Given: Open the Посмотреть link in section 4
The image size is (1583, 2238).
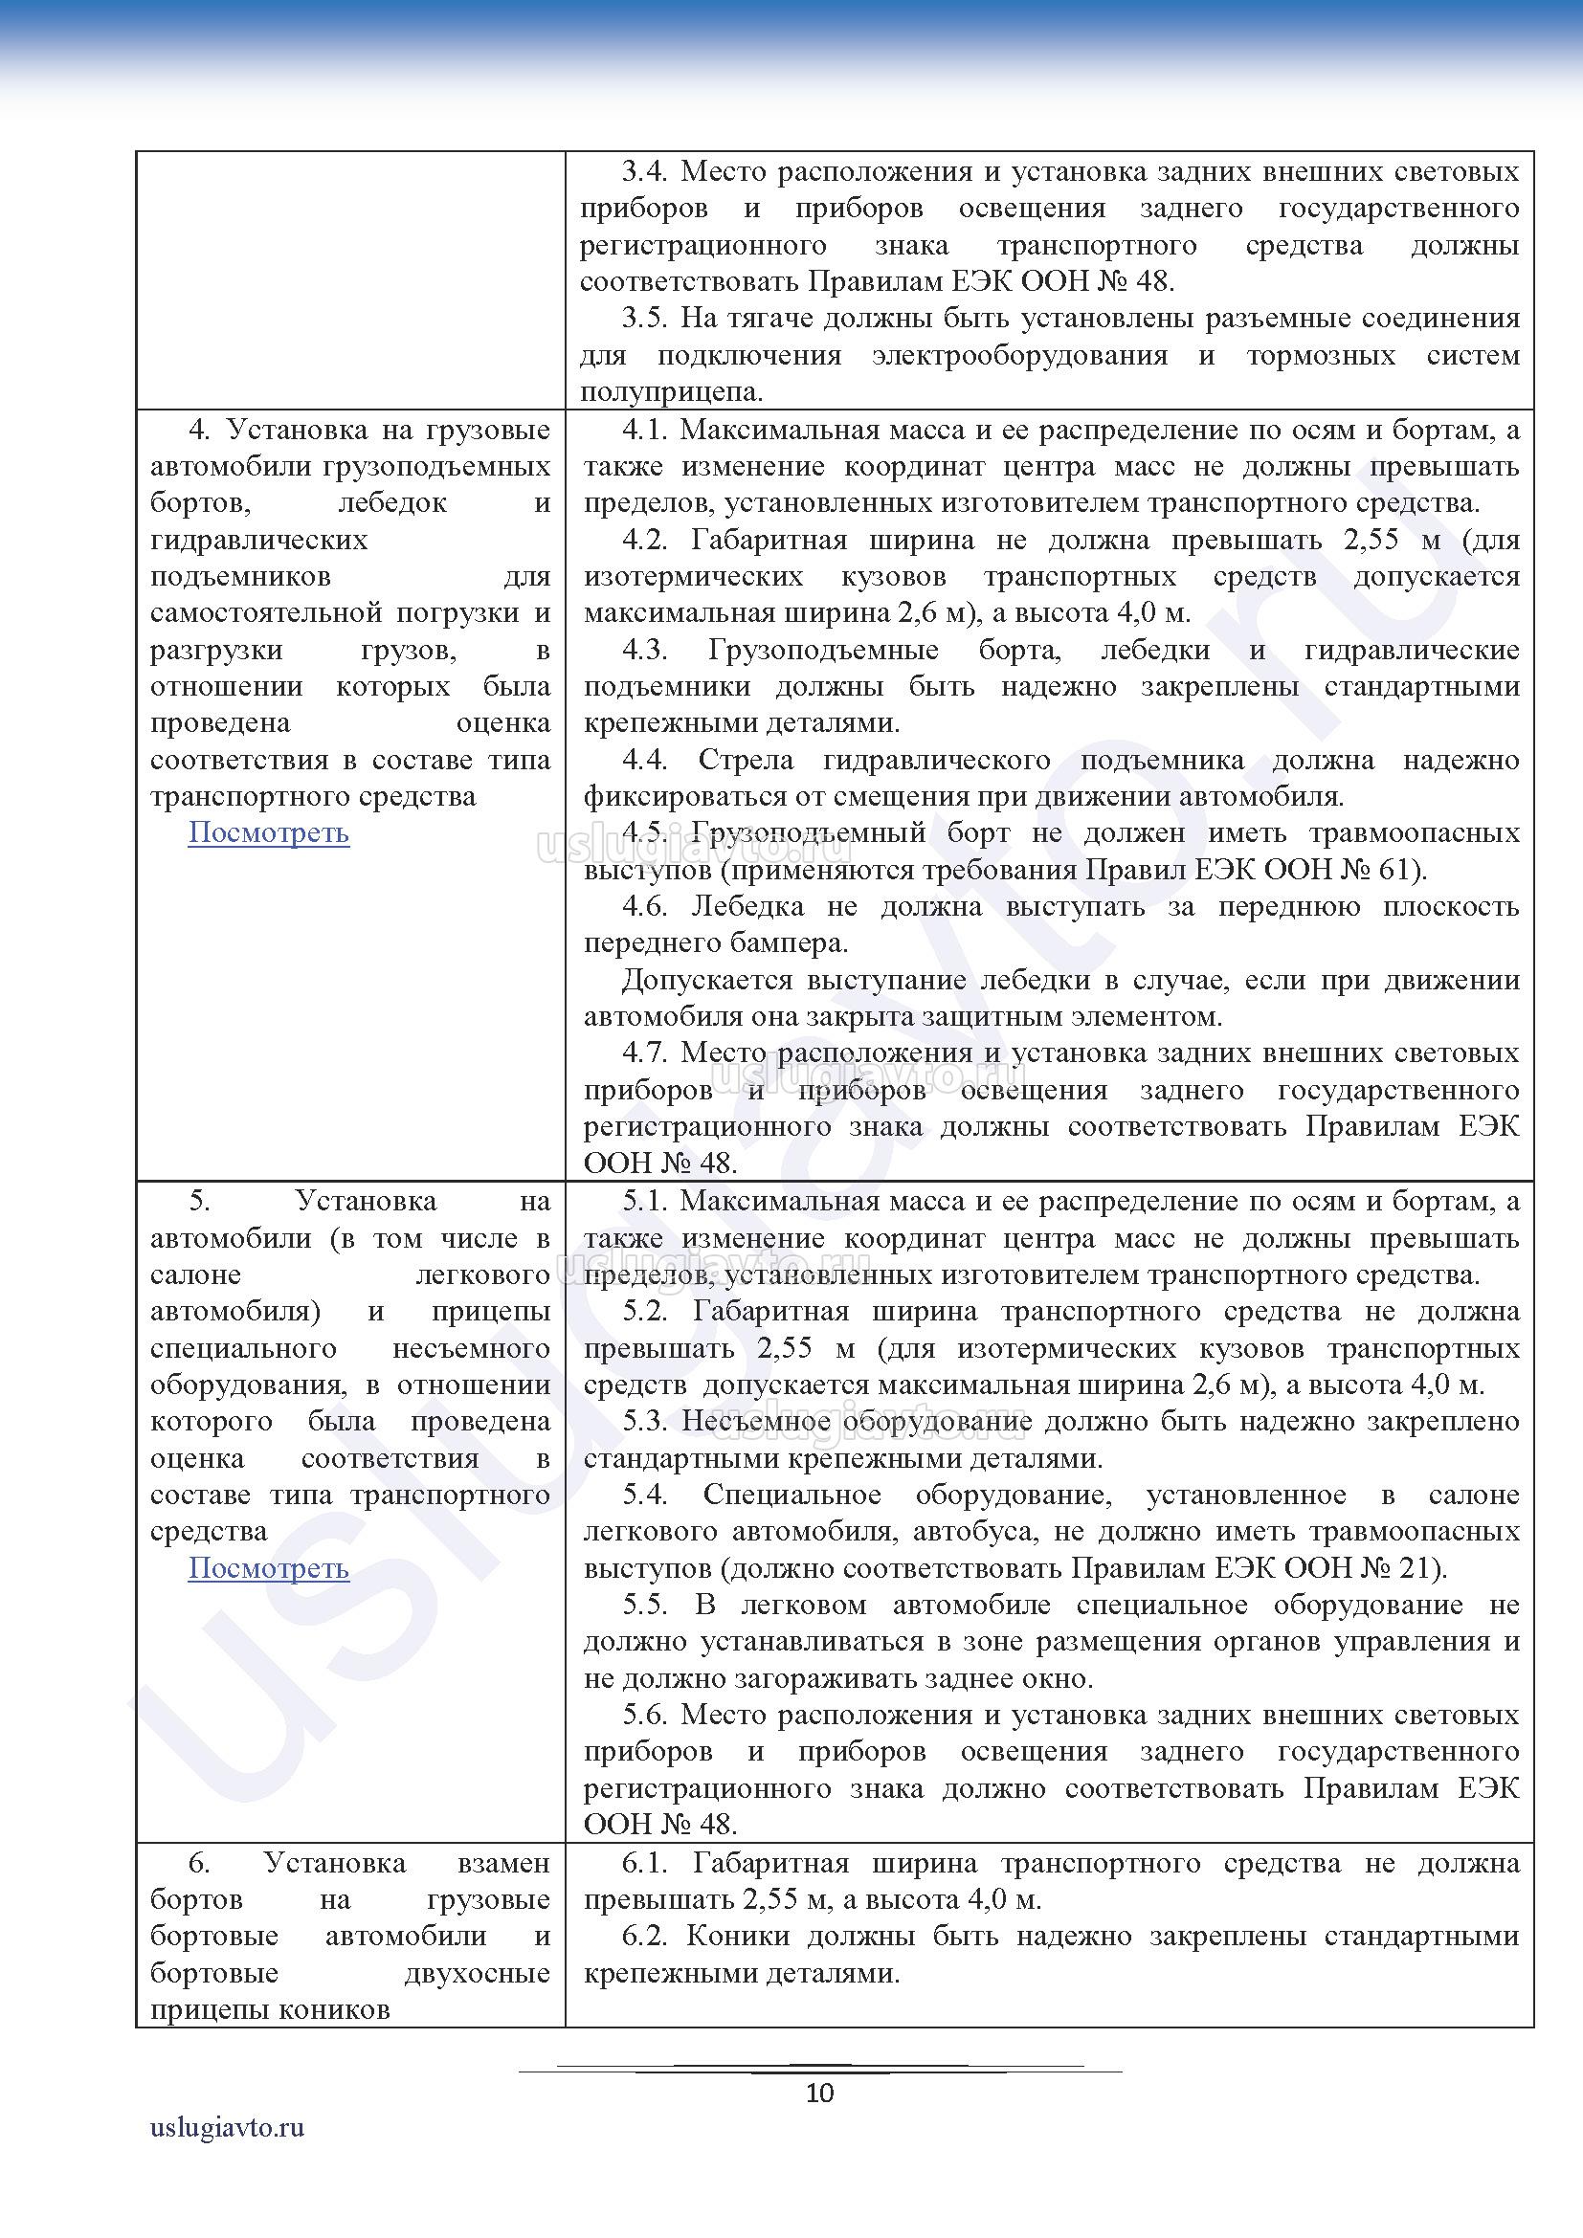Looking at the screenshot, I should click(x=268, y=833).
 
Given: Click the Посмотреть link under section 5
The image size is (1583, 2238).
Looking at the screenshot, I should click(x=268, y=1568).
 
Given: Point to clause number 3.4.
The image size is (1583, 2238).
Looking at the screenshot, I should click(x=645, y=172).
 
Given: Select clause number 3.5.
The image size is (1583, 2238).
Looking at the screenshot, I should click(x=645, y=319).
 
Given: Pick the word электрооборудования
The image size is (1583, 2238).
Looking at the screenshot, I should click(x=1019, y=356).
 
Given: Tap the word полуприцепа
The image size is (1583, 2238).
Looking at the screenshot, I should click(x=670, y=393).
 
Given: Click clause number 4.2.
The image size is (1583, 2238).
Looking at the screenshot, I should click(x=645, y=540).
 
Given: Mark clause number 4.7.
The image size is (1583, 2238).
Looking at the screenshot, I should click(x=645, y=1053).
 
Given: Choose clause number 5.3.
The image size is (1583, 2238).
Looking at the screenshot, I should click(x=645, y=1421).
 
